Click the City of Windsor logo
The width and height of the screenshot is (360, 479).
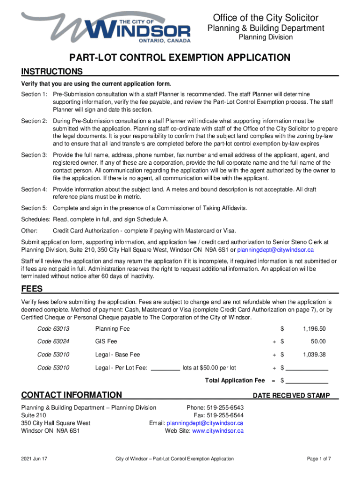[x=107, y=27]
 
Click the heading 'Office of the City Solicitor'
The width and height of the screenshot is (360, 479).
[x=266, y=18]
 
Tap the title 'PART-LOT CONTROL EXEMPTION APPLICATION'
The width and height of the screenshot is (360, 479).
[x=180, y=58]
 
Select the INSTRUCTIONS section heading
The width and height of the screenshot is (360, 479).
[x=52, y=72]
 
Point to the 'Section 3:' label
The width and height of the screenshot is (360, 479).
[x=34, y=155]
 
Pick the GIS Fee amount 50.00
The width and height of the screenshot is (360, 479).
[x=317, y=341]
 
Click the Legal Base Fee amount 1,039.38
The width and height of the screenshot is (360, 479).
[x=313, y=355]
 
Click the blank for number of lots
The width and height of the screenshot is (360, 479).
[x=166, y=368]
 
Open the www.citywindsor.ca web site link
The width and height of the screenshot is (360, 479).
[x=218, y=431]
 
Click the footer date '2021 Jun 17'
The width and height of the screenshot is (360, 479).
[x=35, y=459]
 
